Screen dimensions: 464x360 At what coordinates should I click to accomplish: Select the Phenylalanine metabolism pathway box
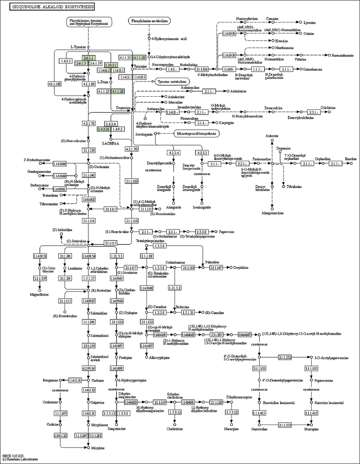click(149, 21)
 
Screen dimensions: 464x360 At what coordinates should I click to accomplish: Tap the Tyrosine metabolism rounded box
click(172, 81)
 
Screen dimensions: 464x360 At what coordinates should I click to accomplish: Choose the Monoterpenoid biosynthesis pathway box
click(197, 134)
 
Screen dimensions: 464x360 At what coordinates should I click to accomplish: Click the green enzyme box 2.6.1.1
click(88, 58)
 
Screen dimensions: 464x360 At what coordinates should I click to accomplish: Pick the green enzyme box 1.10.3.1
click(111, 65)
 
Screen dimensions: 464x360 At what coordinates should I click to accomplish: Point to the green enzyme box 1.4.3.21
click(104, 129)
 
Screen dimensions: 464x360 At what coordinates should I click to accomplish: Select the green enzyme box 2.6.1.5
click(81, 63)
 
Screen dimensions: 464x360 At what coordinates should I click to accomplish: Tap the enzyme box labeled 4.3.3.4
click(174, 152)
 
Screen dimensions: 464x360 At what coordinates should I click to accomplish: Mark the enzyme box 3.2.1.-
click(242, 163)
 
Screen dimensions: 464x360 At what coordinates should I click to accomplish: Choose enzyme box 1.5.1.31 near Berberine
click(188, 312)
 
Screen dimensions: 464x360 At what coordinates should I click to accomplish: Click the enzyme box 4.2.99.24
click(88, 368)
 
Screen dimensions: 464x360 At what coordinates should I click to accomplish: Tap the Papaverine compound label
click(226, 232)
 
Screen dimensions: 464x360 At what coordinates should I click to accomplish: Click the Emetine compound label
click(350, 158)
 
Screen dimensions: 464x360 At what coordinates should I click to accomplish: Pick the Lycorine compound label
click(309, 22)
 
